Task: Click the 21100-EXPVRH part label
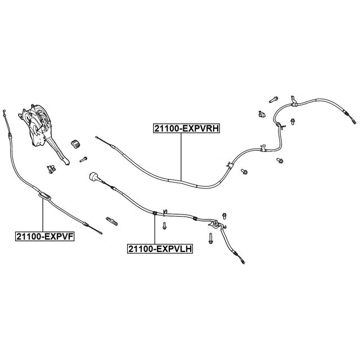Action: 186,128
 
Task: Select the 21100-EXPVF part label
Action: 45,236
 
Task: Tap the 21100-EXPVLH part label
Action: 160,249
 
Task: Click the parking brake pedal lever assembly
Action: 43,131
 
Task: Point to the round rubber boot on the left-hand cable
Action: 93,177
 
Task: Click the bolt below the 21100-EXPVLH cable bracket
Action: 164,226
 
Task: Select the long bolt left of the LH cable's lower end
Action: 210,238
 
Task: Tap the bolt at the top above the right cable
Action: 273,100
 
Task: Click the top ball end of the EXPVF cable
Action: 4,111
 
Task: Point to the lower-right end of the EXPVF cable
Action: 101,233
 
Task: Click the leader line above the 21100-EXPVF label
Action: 43,215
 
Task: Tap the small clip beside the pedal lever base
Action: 51,169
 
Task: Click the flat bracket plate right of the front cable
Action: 112,220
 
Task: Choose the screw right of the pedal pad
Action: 84,159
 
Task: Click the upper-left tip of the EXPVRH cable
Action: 96,137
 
